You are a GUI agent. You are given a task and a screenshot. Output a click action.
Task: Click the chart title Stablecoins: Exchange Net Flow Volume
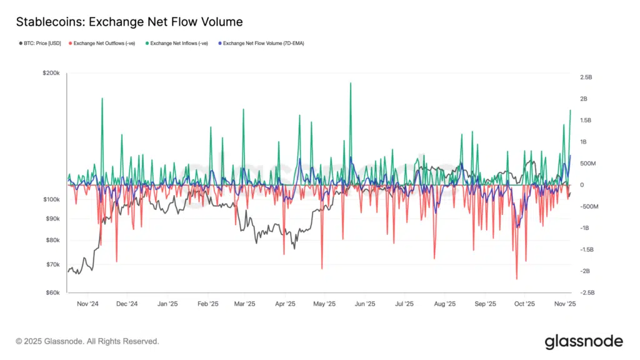(129, 22)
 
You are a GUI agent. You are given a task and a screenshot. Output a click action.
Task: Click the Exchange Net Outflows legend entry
(104, 44)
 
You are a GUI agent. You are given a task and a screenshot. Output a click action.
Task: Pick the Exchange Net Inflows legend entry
(179, 44)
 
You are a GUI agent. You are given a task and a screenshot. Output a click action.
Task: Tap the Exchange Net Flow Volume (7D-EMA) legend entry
(263, 44)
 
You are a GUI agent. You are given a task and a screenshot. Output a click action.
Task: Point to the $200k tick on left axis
(51, 74)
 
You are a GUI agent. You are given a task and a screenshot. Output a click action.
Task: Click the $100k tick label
(51, 199)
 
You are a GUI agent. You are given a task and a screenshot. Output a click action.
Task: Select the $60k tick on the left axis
(52, 292)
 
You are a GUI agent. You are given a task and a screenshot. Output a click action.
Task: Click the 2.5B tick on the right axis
(586, 77)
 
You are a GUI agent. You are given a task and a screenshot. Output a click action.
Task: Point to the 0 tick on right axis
(582, 185)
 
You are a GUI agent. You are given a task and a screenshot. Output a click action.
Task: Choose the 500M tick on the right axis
(589, 164)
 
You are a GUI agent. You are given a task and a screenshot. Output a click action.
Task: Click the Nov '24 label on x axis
(88, 304)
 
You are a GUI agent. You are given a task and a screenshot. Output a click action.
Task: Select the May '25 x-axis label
(324, 304)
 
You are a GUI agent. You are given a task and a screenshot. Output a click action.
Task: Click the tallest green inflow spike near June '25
(351, 83)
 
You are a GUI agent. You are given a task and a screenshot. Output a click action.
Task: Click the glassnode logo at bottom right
(584, 341)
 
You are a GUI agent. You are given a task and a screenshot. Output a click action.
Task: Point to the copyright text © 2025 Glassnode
(87, 341)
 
